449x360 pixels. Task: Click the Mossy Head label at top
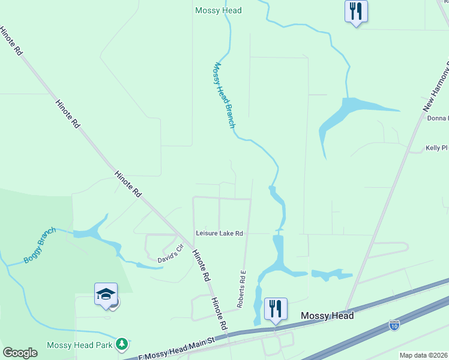pos(218,10)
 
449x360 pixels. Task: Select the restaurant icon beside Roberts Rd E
pos(276,309)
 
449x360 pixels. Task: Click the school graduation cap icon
pos(106,295)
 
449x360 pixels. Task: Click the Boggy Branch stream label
pos(40,245)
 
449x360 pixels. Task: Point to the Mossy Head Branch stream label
pos(223,95)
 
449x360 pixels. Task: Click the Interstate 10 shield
pos(394,325)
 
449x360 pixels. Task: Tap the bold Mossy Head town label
pos(327,316)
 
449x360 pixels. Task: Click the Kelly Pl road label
pos(436,147)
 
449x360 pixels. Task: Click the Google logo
pos(20,353)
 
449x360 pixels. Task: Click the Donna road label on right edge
pos(437,118)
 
